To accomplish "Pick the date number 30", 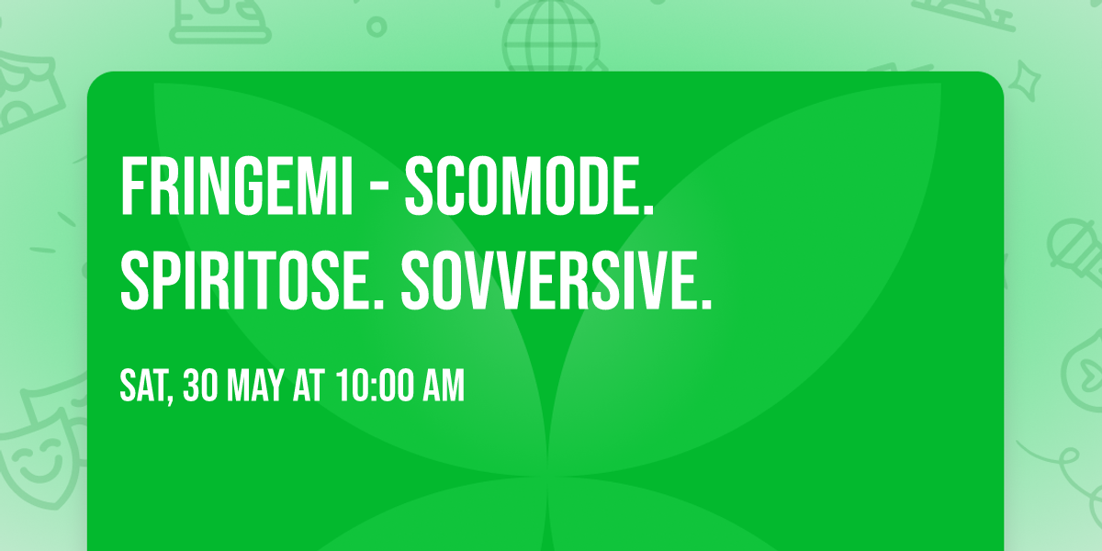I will click(x=201, y=387).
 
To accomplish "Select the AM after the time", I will click(x=444, y=387).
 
